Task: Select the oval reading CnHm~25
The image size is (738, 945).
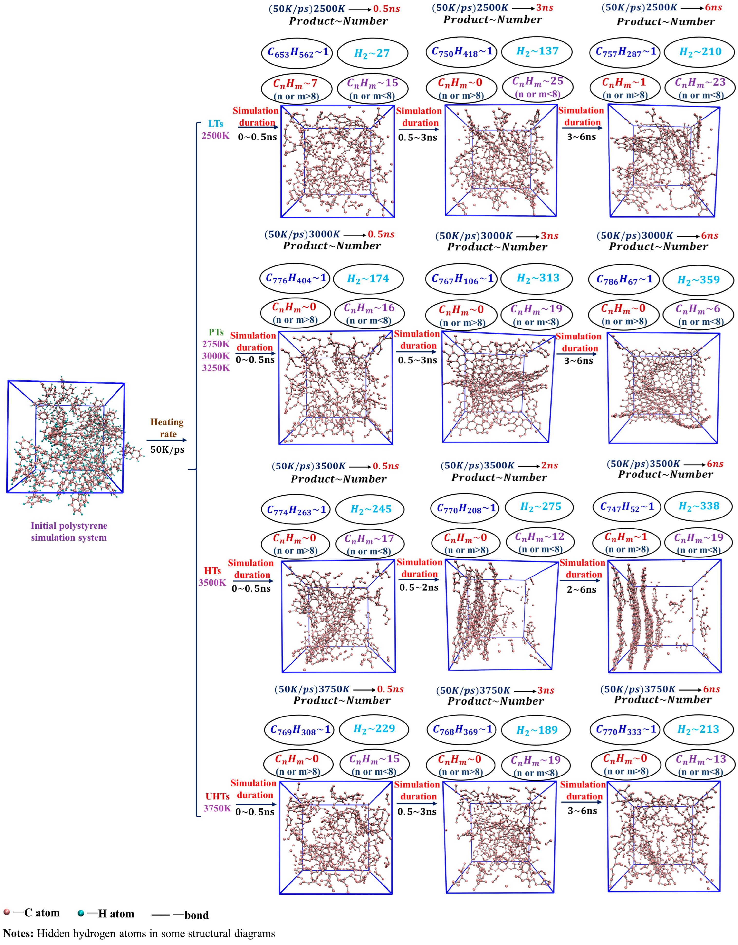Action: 537,87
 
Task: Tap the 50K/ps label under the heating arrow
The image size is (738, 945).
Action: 167,449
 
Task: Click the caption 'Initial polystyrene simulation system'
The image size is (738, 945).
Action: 69,532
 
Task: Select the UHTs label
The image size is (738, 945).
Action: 218,796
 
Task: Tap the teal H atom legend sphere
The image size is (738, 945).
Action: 81,913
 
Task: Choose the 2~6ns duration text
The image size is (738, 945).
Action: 582,590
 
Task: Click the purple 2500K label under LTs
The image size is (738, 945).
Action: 216,135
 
